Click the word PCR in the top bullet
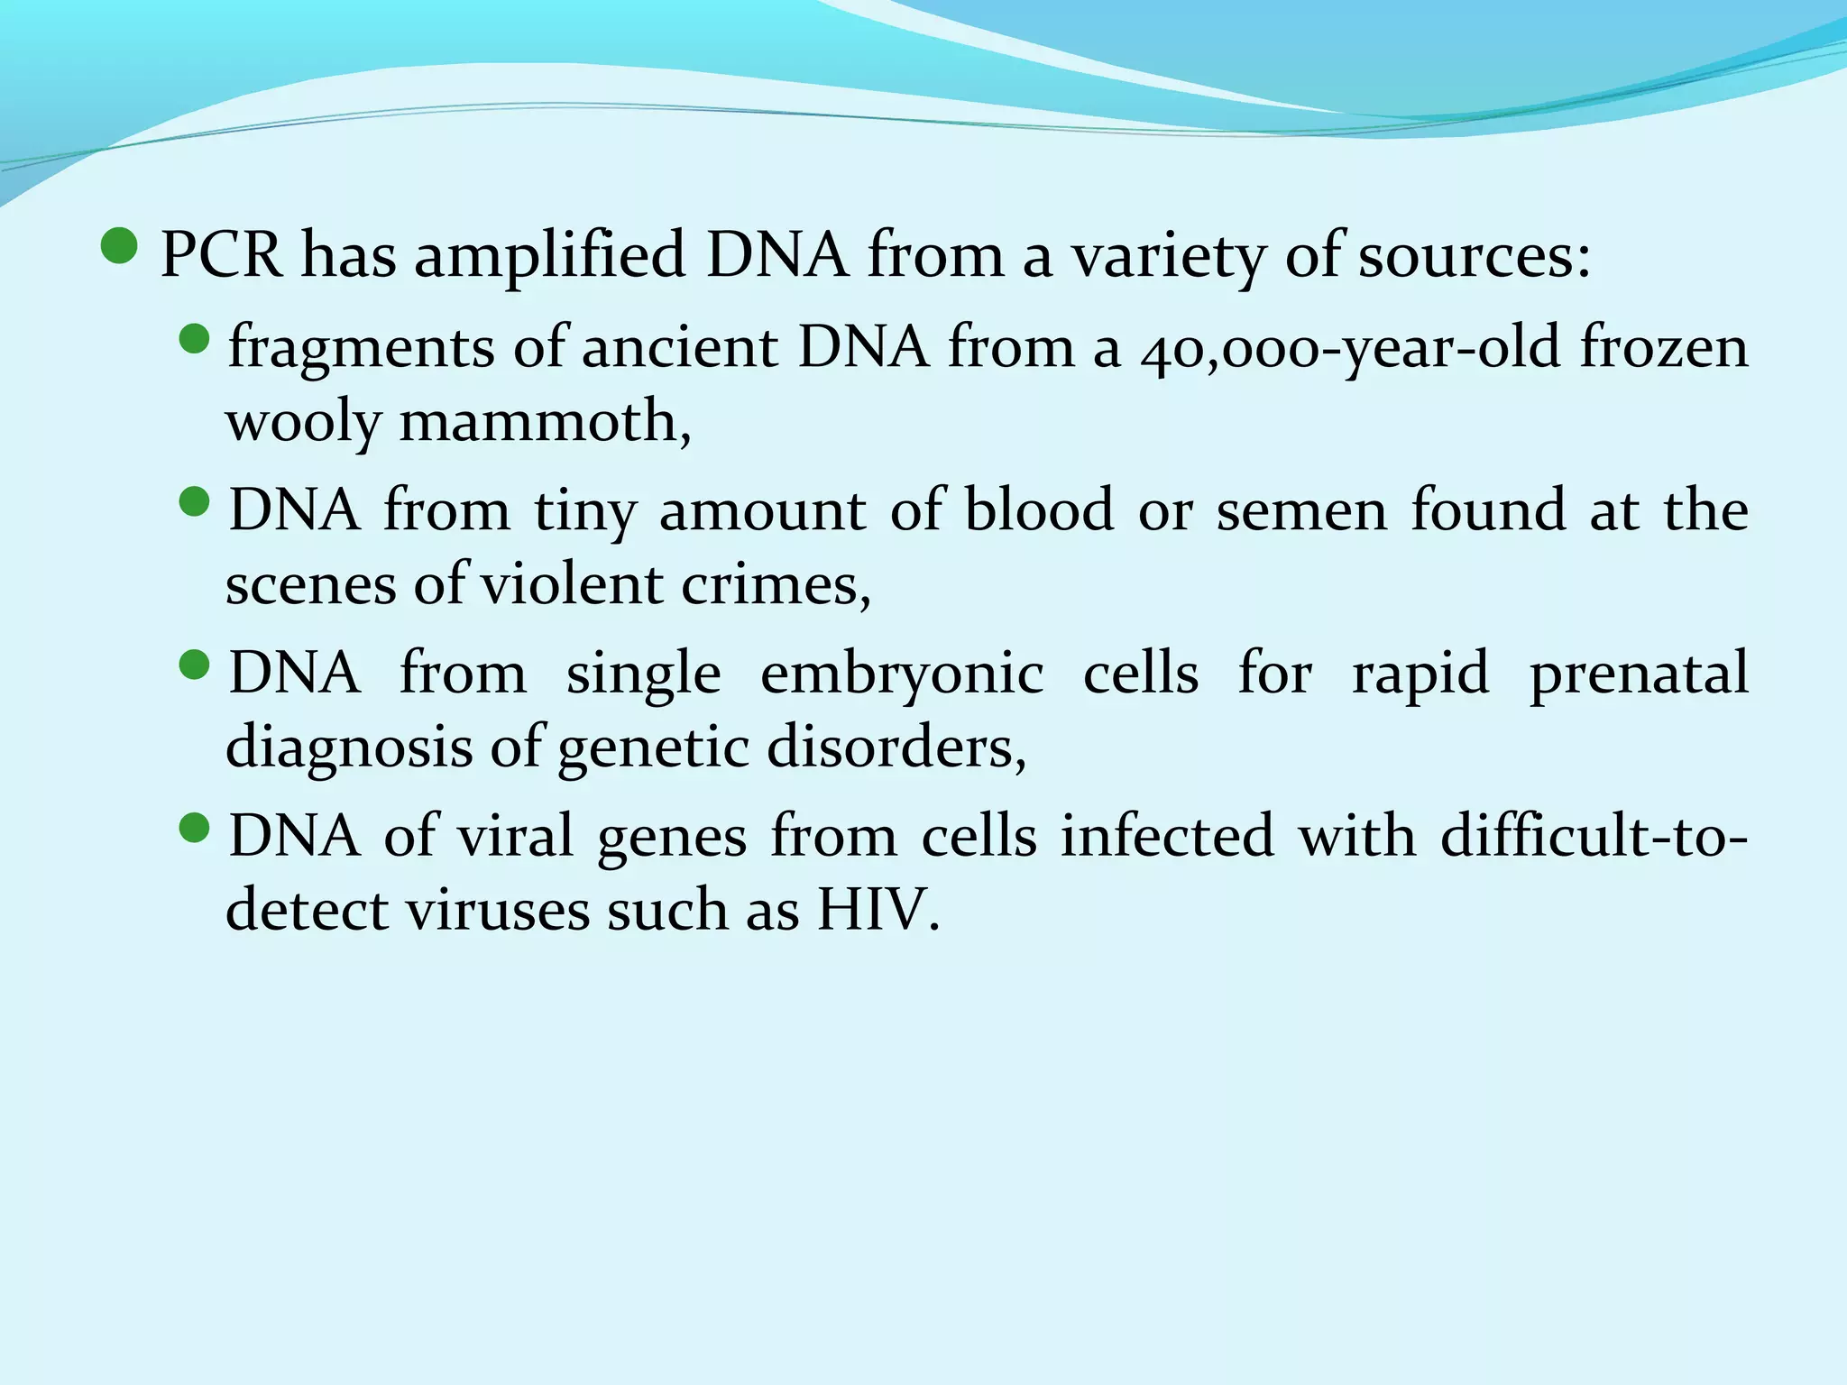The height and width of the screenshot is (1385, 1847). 221,254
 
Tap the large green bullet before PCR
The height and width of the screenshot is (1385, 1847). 120,245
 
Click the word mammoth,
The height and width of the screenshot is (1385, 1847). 545,422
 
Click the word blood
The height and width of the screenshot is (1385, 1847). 1039,509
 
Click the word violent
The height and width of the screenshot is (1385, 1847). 572,584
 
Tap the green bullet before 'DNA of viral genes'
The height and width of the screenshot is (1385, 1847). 194,827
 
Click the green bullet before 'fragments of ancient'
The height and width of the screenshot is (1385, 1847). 194,340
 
